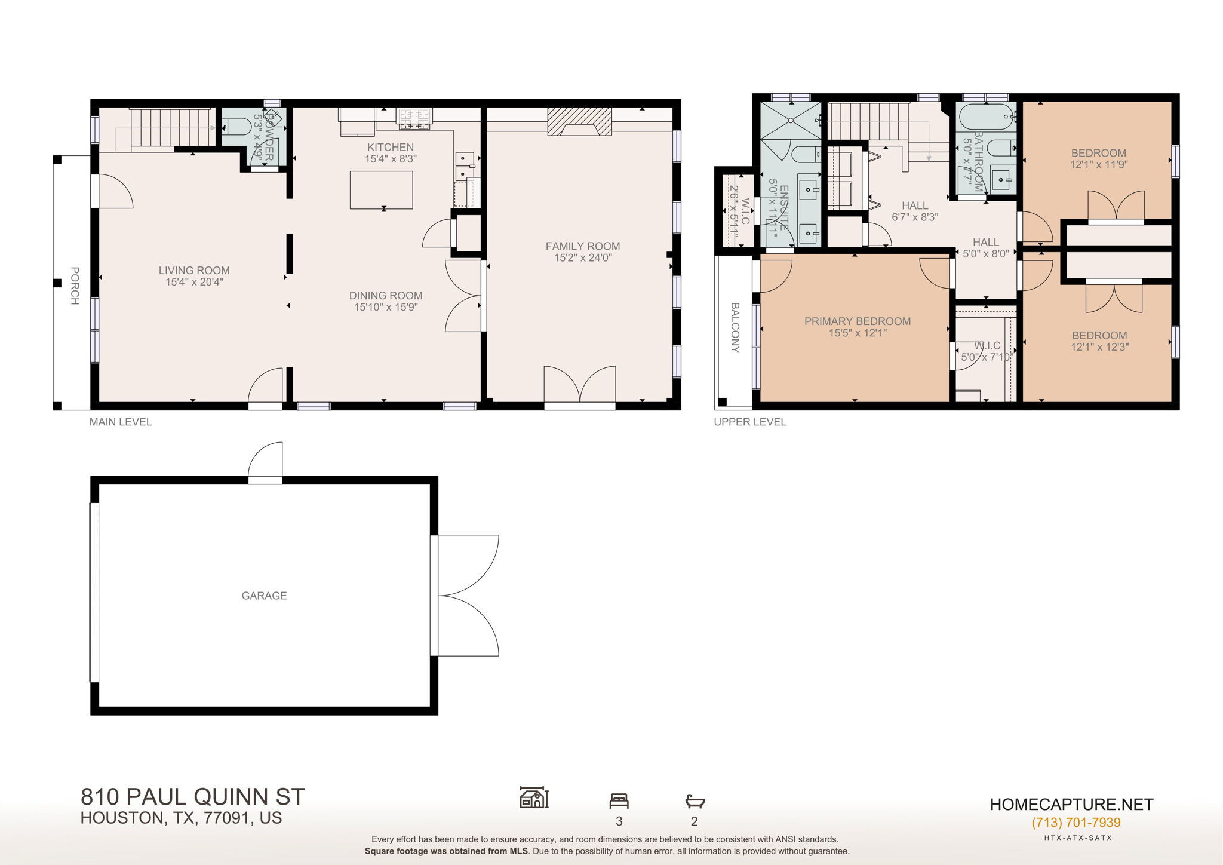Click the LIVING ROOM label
coord(194,271)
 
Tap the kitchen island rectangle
coord(381,190)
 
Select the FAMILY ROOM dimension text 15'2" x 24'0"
coord(583,258)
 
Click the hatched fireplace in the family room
coord(579,121)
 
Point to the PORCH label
coord(75,286)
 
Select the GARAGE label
coord(264,596)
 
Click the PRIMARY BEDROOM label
coord(857,321)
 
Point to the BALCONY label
coord(735,327)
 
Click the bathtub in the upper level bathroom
coord(986,116)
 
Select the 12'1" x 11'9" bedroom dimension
coord(1099,165)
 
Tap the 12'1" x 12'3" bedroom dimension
coord(1099,347)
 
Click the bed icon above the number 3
coord(619,800)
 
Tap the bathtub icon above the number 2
coord(695,800)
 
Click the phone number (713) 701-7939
coord(1075,823)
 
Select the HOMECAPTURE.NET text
coord(1071,805)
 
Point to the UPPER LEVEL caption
coord(750,422)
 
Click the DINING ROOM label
coord(386,296)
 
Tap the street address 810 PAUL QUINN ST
coord(192,797)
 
